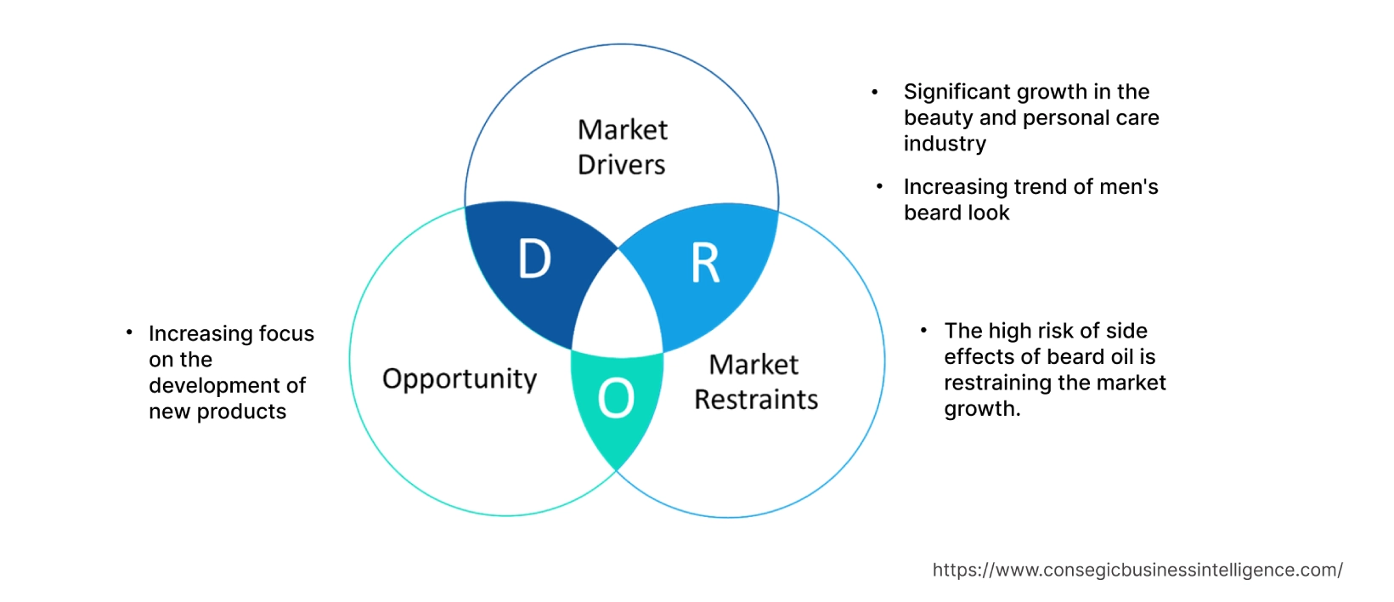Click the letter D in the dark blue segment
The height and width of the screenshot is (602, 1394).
pos(535,258)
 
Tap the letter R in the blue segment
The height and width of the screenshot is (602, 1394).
pos(705,264)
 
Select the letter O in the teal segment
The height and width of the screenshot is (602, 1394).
pos(616,398)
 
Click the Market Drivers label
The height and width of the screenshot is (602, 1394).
pos(622,147)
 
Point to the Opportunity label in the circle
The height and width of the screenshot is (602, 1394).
pos(460,378)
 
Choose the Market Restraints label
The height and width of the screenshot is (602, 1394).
pos(755,382)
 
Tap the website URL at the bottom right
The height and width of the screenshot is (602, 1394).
pos(1137,570)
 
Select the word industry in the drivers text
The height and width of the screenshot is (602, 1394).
pos(945,144)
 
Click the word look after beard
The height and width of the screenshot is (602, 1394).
pos(987,213)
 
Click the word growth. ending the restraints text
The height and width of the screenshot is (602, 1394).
pos(982,409)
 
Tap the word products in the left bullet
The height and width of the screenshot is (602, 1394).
pos(241,412)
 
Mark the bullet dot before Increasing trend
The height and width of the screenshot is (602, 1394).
pos(879,186)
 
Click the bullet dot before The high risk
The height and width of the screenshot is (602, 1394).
pos(923,330)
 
